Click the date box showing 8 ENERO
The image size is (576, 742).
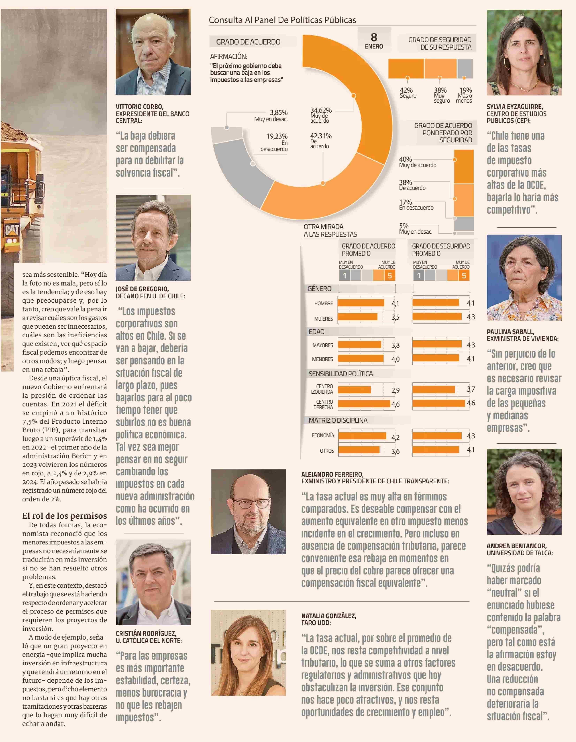(x=374, y=41)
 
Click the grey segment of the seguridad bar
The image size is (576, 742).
(x=465, y=68)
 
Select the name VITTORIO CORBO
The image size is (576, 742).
(x=139, y=107)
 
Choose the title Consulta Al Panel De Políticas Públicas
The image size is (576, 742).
(x=282, y=20)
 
